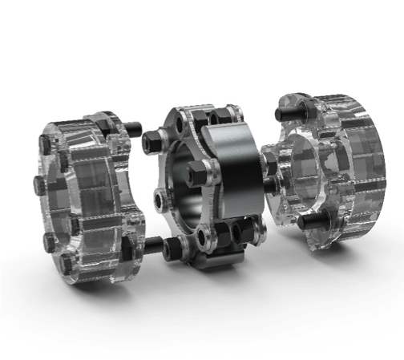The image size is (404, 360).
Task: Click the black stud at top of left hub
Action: click(x=131, y=127)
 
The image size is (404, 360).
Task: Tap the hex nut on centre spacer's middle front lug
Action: click(x=197, y=172)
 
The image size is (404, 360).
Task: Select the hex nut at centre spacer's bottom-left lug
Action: click(x=172, y=250)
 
